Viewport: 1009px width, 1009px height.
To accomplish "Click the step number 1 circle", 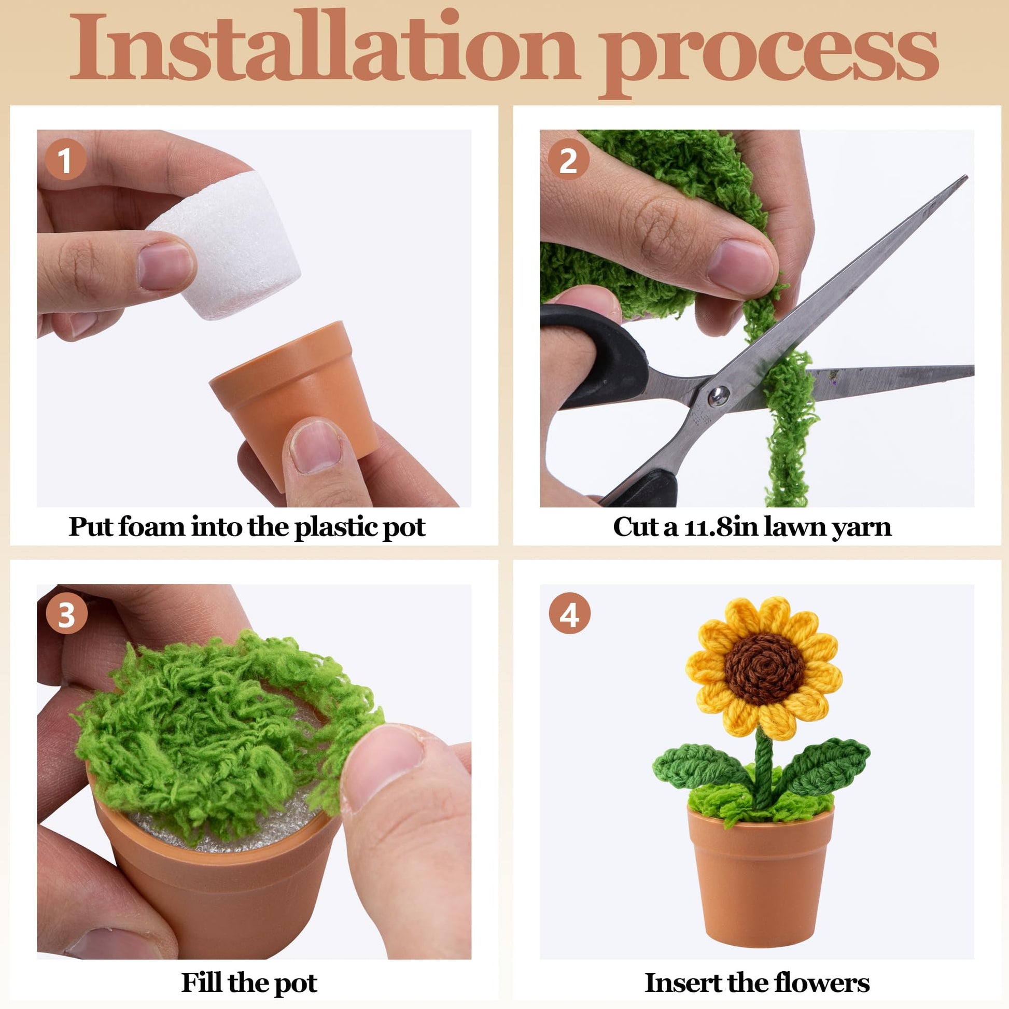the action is coord(65,160).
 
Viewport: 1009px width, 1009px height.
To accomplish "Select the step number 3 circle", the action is coord(66,615).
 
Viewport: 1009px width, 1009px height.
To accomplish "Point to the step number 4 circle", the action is coord(570,615).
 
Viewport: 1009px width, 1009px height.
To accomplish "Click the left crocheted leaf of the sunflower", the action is coord(700,766).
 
